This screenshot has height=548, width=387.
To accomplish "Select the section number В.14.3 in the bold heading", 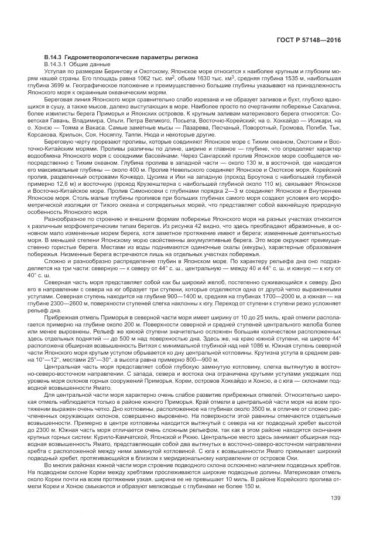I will click(x=54, y=56).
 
